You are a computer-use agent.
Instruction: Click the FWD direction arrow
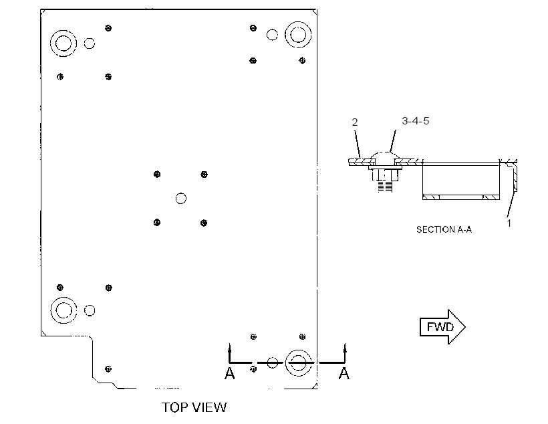tap(442, 327)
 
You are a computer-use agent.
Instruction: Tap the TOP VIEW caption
tap(194, 407)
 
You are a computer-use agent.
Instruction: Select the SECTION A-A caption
tap(444, 229)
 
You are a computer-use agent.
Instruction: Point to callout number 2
tap(355, 122)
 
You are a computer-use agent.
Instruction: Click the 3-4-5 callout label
tap(416, 120)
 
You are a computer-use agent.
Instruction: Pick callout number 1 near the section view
tap(509, 223)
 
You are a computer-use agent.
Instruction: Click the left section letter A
tap(230, 374)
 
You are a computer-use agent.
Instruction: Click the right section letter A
tap(344, 374)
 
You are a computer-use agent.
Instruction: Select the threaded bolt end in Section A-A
tap(385, 186)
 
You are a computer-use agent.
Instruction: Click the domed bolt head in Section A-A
tap(385, 156)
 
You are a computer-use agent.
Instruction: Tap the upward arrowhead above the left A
tap(230, 348)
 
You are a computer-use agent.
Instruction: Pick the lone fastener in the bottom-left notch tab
tap(108, 368)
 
